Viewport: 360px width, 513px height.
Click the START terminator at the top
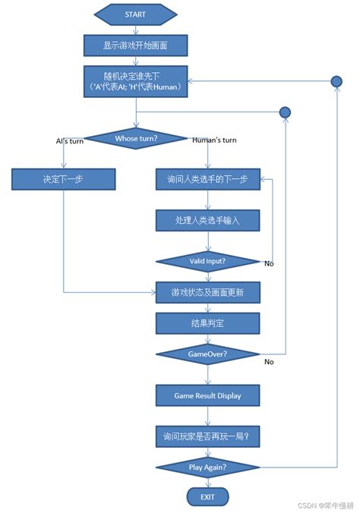[x=135, y=14]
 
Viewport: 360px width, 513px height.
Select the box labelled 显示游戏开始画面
[x=135, y=46]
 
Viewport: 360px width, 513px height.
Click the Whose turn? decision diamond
[x=137, y=138]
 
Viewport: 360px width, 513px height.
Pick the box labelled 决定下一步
[x=63, y=180]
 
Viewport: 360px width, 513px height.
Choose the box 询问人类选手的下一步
[x=207, y=180]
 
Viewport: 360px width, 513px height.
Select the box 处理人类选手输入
[x=207, y=220]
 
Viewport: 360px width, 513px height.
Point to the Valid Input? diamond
[x=207, y=260]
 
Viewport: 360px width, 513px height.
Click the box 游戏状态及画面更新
[x=207, y=292]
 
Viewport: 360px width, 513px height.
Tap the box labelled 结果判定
[x=207, y=323]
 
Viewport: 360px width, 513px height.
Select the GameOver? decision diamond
[x=207, y=354]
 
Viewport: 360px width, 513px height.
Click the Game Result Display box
[x=207, y=395]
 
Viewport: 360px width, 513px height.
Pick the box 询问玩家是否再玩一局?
[x=207, y=436]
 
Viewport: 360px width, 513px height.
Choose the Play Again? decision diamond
[x=207, y=467]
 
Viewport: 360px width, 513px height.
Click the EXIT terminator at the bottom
[x=207, y=497]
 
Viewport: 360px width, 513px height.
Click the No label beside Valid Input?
[x=269, y=264]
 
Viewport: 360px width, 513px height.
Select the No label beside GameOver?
[x=269, y=362]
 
